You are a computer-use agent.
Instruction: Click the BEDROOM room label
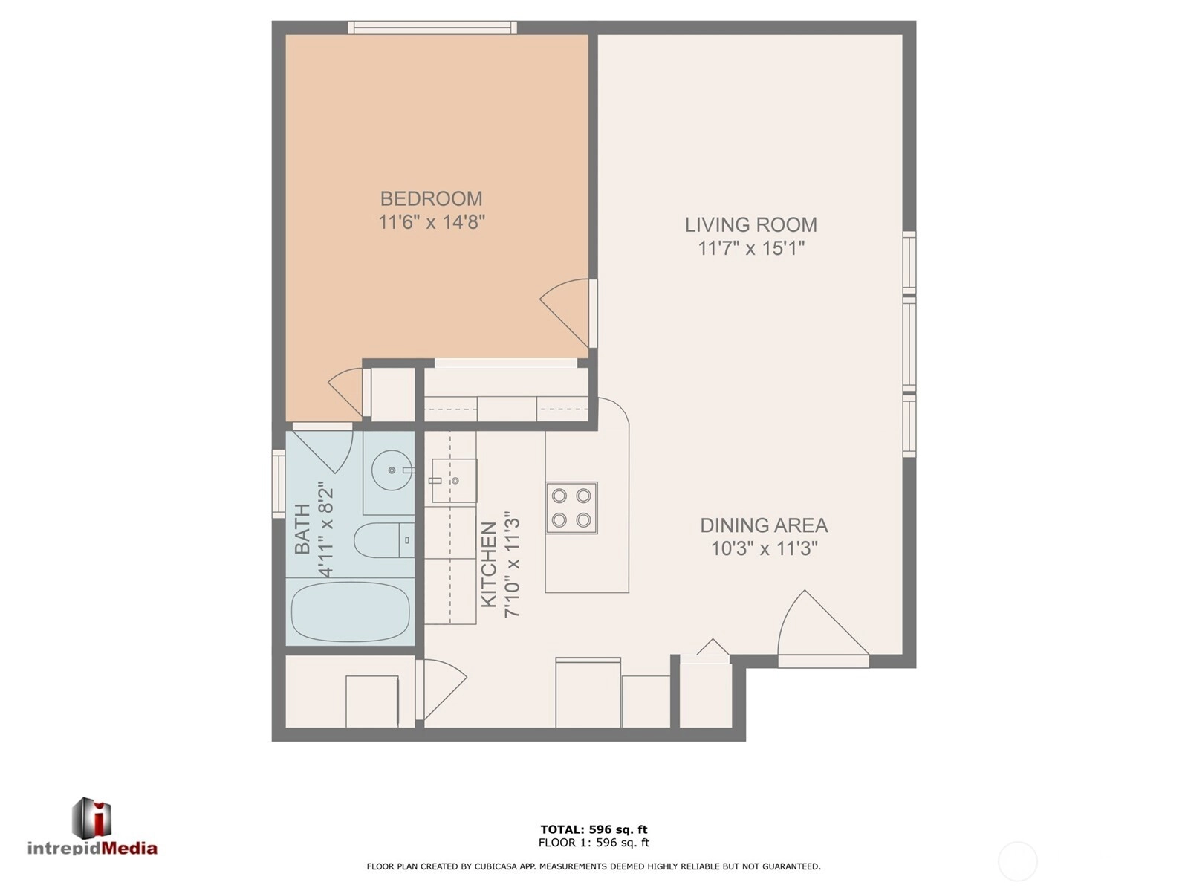431,198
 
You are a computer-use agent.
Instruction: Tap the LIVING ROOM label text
750,224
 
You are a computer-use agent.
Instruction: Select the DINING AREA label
764,525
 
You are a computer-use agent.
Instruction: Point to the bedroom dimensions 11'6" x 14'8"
431,222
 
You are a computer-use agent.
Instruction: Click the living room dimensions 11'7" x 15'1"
750,248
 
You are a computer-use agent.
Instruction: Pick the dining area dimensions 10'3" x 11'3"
764,548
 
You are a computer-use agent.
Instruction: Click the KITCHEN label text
489,565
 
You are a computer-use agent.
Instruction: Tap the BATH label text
302,529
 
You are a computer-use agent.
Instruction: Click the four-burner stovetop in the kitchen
571,508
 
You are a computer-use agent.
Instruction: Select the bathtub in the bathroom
351,612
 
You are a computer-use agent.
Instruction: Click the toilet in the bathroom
384,540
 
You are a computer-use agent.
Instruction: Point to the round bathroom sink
392,470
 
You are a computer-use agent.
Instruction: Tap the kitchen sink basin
454,481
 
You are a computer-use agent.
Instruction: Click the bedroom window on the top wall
432,27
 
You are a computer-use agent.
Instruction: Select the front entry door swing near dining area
823,629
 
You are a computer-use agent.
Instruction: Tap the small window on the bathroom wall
278,484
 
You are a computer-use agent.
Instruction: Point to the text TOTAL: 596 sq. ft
594,829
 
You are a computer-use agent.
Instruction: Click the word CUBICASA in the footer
495,866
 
